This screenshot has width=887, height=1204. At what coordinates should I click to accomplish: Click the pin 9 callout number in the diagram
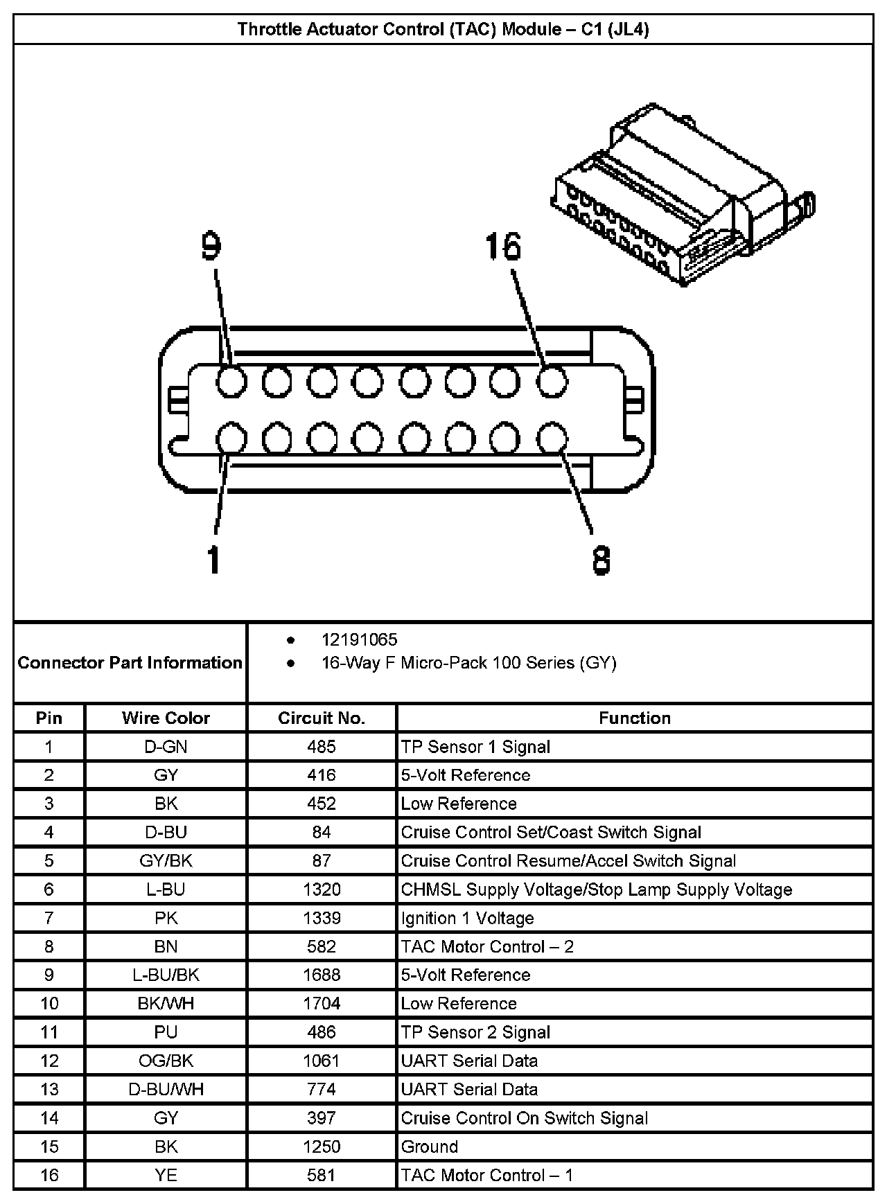pyautogui.click(x=211, y=247)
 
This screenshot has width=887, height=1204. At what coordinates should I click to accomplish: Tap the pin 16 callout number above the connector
pyautogui.click(x=503, y=247)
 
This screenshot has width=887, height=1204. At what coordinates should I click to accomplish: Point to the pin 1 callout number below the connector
pyautogui.click(x=214, y=559)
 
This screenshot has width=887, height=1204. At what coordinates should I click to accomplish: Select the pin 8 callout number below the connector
pyautogui.click(x=601, y=560)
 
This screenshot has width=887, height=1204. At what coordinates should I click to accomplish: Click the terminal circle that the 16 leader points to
pyautogui.click(x=552, y=382)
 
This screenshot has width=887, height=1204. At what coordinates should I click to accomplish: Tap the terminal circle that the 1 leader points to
pyautogui.click(x=231, y=439)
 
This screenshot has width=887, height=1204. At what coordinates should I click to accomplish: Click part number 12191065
pyautogui.click(x=359, y=639)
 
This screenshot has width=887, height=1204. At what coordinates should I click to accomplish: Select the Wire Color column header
pyautogui.click(x=166, y=718)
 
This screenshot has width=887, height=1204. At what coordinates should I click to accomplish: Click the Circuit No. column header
pyautogui.click(x=322, y=718)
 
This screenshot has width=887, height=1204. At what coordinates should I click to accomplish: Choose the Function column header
pyautogui.click(x=635, y=718)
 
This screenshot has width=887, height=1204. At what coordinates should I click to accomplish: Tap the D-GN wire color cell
pyautogui.click(x=166, y=747)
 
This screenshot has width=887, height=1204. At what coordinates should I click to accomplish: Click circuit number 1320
pyautogui.click(x=322, y=889)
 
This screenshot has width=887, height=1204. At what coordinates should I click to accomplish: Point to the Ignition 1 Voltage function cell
pyautogui.click(x=468, y=918)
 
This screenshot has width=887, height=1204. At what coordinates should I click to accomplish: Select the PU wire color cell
pyautogui.click(x=166, y=1032)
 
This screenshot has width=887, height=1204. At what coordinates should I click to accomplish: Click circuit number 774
pyautogui.click(x=322, y=1089)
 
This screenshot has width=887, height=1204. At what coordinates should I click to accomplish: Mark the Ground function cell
pyautogui.click(x=430, y=1147)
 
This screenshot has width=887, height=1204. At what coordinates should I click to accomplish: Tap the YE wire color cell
pyautogui.click(x=166, y=1175)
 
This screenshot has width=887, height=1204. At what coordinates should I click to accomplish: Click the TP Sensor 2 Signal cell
pyautogui.click(x=475, y=1032)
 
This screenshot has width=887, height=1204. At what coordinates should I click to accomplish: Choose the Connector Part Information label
pyautogui.click(x=130, y=663)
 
